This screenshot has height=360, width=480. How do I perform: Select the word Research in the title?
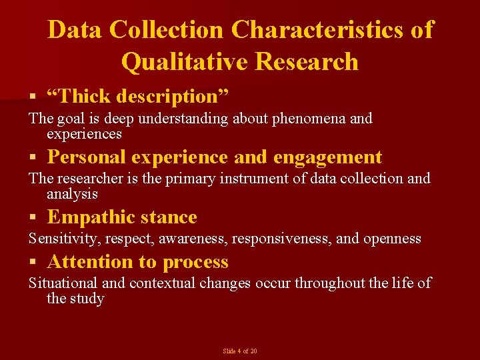307,61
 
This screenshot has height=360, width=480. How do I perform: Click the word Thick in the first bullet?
85,96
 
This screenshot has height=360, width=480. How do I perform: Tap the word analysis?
72,194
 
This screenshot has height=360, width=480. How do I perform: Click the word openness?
392,239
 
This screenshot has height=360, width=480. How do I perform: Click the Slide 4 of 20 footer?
240,351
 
